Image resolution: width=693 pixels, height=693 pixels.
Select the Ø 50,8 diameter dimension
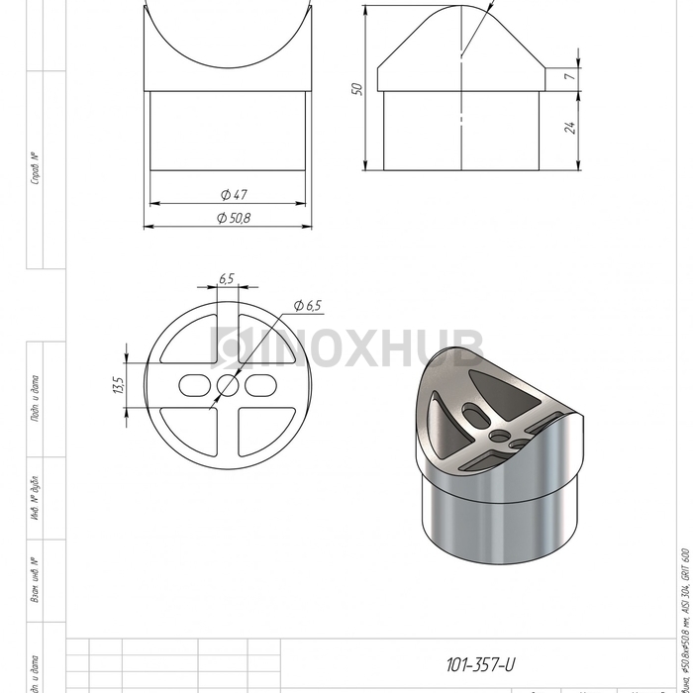(x=230, y=217)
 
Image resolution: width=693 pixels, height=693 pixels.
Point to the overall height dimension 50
(x=358, y=88)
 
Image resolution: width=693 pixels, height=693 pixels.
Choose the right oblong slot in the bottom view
(x=261, y=384)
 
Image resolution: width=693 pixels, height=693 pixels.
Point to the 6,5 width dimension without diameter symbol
(x=227, y=279)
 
